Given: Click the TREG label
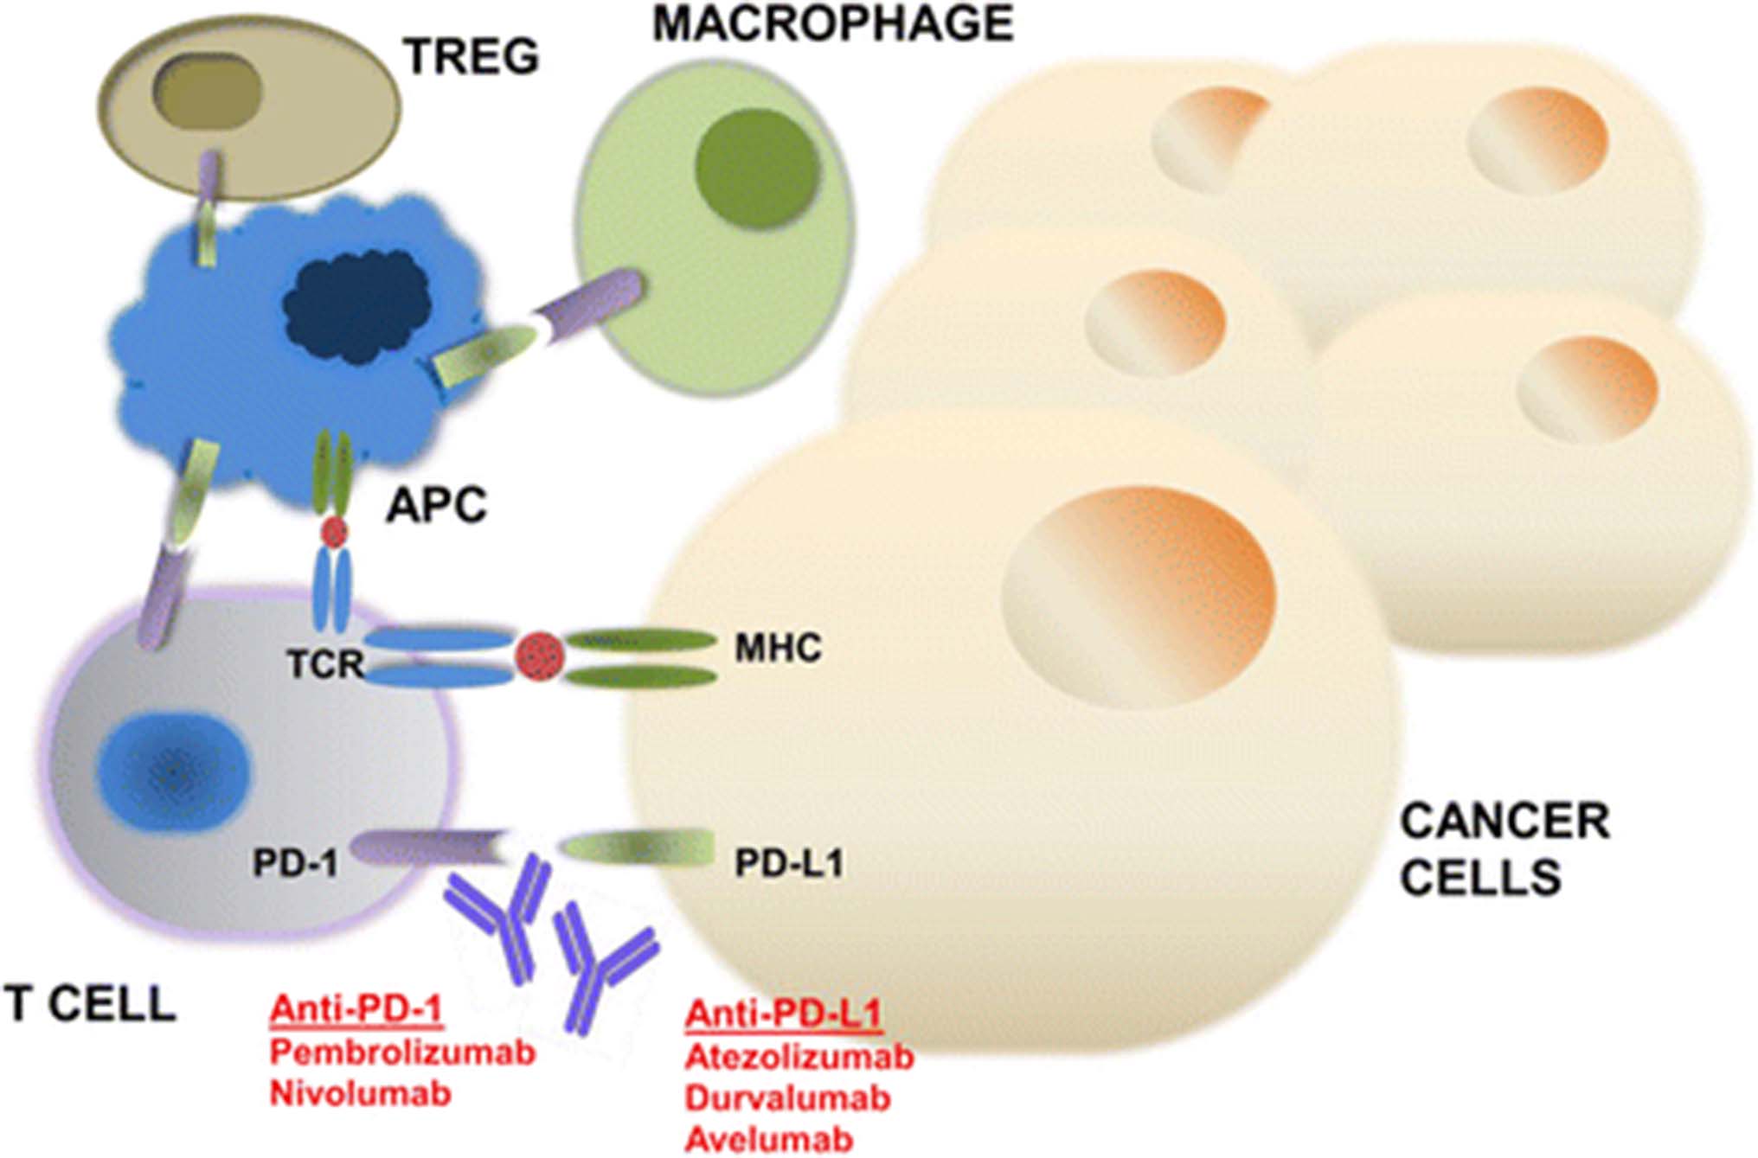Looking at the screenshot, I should pos(472,57).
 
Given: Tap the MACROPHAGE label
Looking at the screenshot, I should pos(832,23).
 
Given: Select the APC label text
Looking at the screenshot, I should pos(437,505).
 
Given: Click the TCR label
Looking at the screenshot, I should pos(325,664).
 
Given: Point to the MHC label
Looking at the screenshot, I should pos(778,648).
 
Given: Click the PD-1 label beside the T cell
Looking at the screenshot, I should pos(295,862).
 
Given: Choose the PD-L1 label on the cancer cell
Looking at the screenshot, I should pos(789,862).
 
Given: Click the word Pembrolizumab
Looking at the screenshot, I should pos(402,1052).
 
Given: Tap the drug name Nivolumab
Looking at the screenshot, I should pos(361,1093).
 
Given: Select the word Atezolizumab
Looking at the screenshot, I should pos(799,1056).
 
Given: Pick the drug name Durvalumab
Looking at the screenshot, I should pos(787,1097).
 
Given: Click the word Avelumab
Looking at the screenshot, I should pos(769,1139).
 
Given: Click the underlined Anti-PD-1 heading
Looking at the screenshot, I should pos(356,1009).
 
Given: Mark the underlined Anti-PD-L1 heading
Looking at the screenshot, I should pos(783,1014).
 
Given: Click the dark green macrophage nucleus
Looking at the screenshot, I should pos(757,167).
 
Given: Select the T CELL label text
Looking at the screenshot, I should pos(90,1005).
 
